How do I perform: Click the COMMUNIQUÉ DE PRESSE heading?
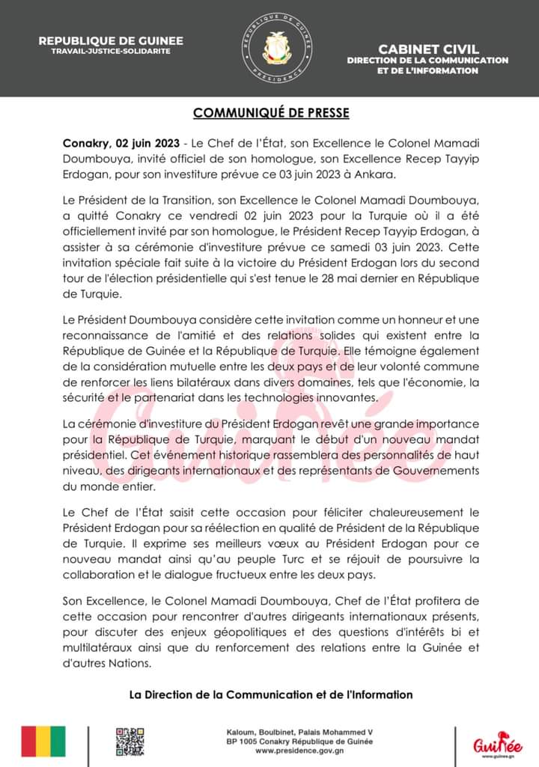[x=271, y=113]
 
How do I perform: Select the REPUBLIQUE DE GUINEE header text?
[x=111, y=40]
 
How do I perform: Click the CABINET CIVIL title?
[x=428, y=49]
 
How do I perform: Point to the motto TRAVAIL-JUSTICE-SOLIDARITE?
[x=111, y=51]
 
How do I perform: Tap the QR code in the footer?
[x=130, y=741]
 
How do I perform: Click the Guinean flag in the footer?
[x=43, y=741]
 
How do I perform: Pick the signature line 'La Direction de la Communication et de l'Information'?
[x=271, y=694]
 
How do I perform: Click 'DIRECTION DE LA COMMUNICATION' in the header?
[x=427, y=60]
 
